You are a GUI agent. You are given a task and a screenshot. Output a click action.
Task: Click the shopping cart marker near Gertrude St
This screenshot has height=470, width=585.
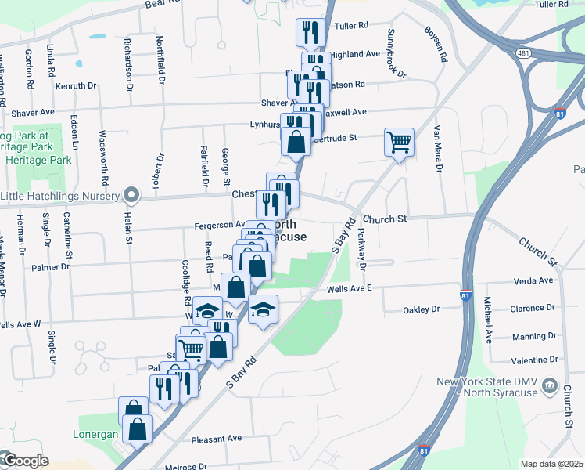[398, 143]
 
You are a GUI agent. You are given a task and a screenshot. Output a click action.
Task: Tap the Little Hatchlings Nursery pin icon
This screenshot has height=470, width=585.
[132, 195]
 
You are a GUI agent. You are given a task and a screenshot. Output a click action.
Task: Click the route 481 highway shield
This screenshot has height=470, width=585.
[522, 52]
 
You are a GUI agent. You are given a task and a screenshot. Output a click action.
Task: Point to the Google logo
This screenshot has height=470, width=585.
[25, 461]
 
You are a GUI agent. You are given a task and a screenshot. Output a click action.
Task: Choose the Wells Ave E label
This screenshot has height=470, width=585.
[349, 288]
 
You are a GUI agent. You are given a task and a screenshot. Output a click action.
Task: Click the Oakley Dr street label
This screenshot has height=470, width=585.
[421, 310]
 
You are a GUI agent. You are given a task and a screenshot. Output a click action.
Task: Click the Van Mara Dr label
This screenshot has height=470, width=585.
[438, 149]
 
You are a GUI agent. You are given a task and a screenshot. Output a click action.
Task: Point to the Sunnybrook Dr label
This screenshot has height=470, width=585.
[397, 54]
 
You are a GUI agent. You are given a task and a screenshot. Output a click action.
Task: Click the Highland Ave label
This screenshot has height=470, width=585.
[354, 55]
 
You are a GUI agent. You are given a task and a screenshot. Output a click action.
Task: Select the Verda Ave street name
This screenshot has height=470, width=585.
[533, 280]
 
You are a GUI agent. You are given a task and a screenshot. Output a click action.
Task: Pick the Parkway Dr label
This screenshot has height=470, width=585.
[362, 249]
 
